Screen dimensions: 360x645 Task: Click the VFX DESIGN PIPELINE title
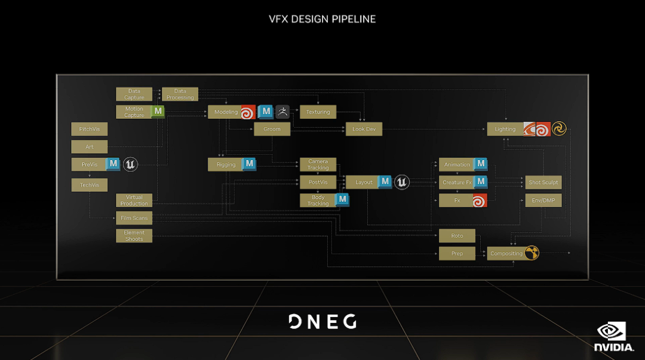click(x=322, y=19)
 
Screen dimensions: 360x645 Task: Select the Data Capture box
click(x=134, y=94)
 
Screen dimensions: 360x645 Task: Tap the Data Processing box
click(x=180, y=94)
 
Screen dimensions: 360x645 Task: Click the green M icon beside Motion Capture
click(x=158, y=111)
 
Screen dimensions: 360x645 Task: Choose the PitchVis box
click(x=90, y=129)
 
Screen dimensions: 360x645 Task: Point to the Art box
click(x=90, y=147)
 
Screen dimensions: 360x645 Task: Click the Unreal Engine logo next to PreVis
click(x=130, y=164)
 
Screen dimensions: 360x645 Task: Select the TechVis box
click(x=90, y=185)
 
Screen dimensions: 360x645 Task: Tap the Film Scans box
click(x=134, y=218)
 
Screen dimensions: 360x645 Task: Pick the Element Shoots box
click(x=134, y=236)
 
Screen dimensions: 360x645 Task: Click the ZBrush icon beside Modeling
click(x=282, y=112)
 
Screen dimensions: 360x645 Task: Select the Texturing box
click(x=318, y=112)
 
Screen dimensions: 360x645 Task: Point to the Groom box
click(x=272, y=129)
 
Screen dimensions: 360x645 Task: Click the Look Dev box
click(x=364, y=129)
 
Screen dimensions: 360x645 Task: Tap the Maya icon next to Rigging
click(x=248, y=164)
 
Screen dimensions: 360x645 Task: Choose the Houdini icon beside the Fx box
click(x=480, y=201)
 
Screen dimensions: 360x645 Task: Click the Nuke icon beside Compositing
click(x=532, y=253)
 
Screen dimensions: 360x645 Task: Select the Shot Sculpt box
click(x=543, y=182)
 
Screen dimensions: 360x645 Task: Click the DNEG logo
click(x=322, y=322)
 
